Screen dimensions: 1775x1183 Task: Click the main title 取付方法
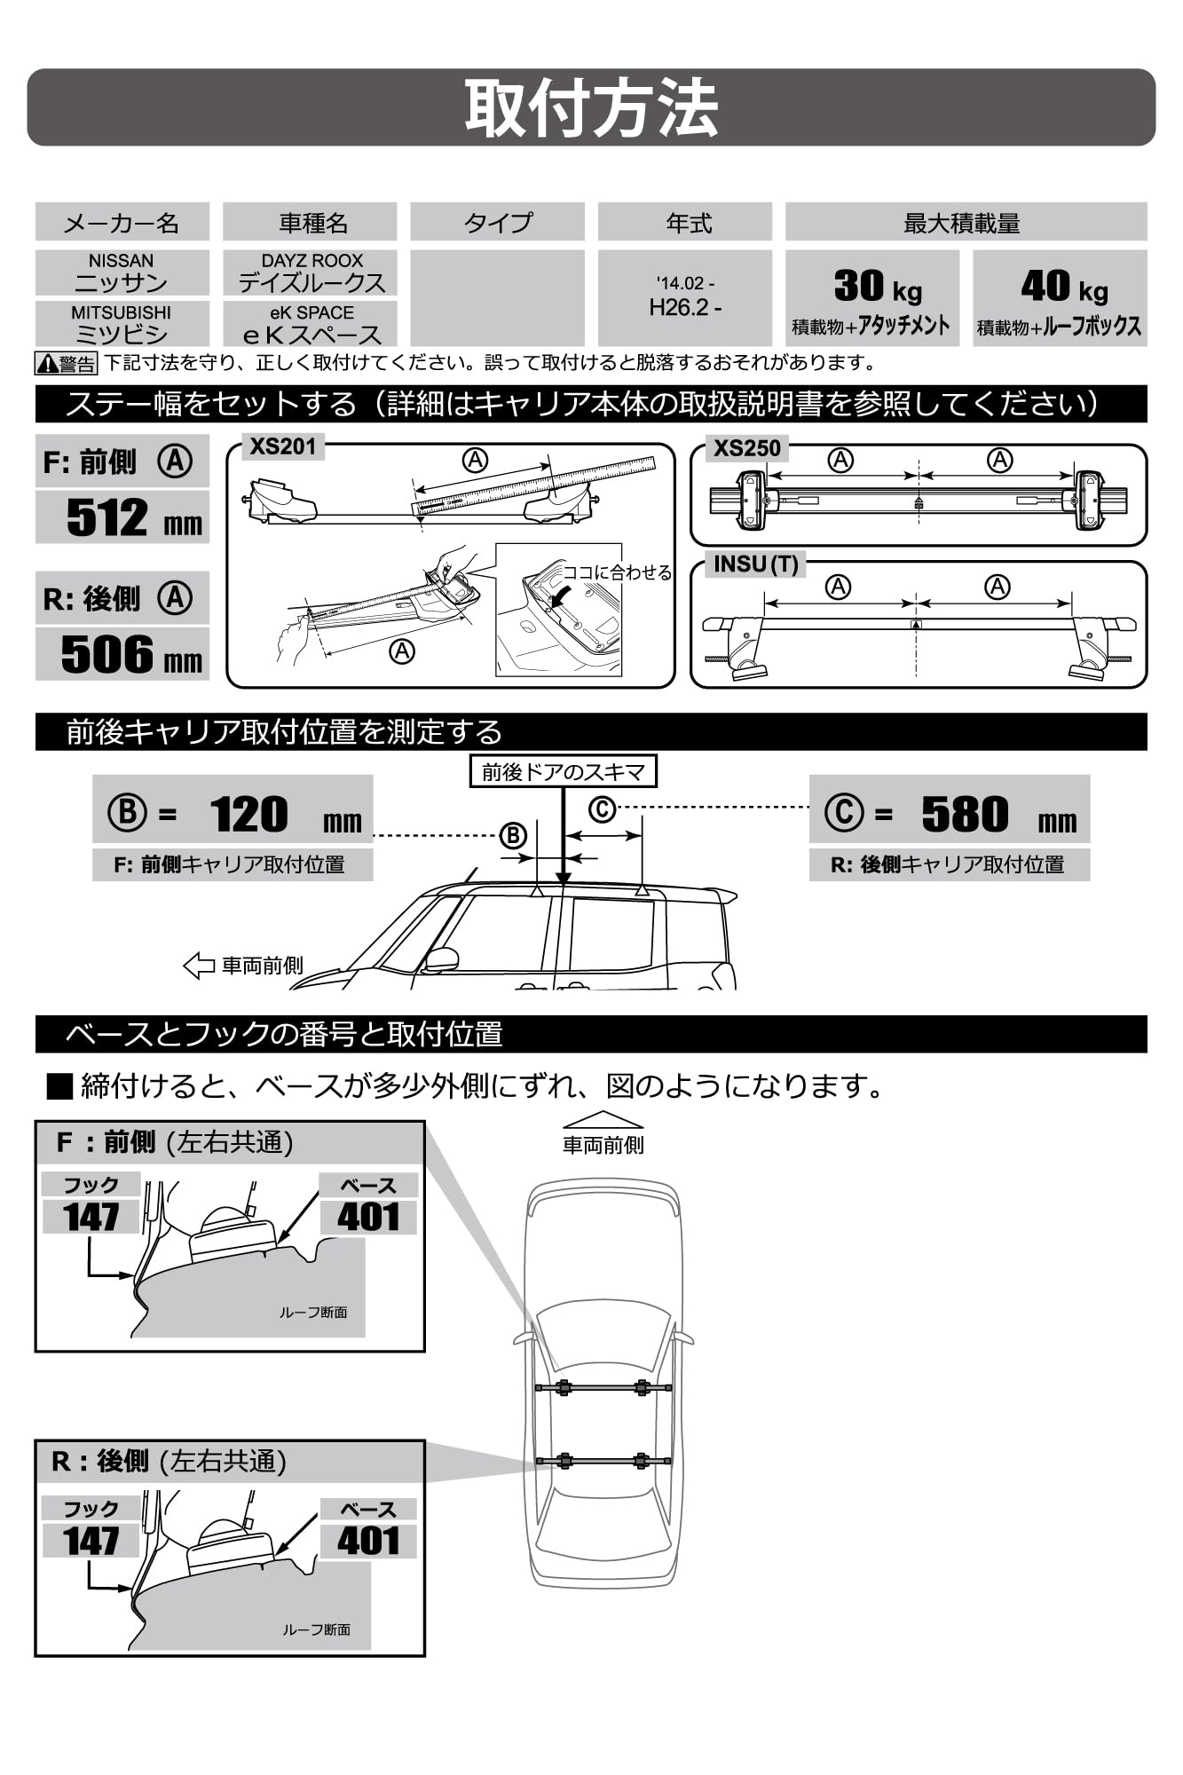tap(591, 108)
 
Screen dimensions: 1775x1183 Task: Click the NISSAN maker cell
tap(122, 272)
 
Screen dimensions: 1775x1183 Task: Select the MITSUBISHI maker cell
tap(122, 324)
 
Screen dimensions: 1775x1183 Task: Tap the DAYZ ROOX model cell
tap(311, 272)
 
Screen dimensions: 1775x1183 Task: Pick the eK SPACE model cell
tap(311, 324)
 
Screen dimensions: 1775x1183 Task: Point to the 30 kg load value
tap(877, 287)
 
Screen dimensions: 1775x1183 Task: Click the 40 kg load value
tap(1063, 287)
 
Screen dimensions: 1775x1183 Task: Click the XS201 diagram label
tap(282, 446)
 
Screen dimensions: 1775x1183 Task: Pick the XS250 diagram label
tap(747, 448)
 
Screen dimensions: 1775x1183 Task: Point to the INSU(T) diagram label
tap(755, 564)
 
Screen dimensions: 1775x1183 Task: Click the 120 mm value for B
tap(249, 814)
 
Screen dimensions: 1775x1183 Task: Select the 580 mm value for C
tap(965, 814)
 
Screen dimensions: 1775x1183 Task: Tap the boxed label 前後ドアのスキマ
tap(563, 772)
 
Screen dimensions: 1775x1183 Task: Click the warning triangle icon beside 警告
tap(47, 364)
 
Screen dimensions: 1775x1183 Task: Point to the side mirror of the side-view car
tap(443, 958)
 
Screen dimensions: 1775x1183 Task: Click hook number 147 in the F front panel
tap(91, 1217)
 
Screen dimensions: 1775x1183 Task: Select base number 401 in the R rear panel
tap(368, 1542)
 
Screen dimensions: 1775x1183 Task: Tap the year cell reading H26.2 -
tap(684, 307)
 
